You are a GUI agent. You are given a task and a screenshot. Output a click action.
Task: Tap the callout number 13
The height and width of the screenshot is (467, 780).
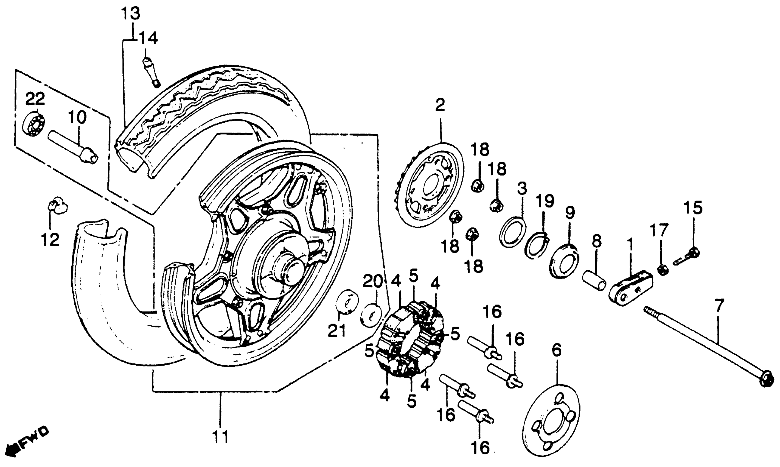click(x=131, y=15)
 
